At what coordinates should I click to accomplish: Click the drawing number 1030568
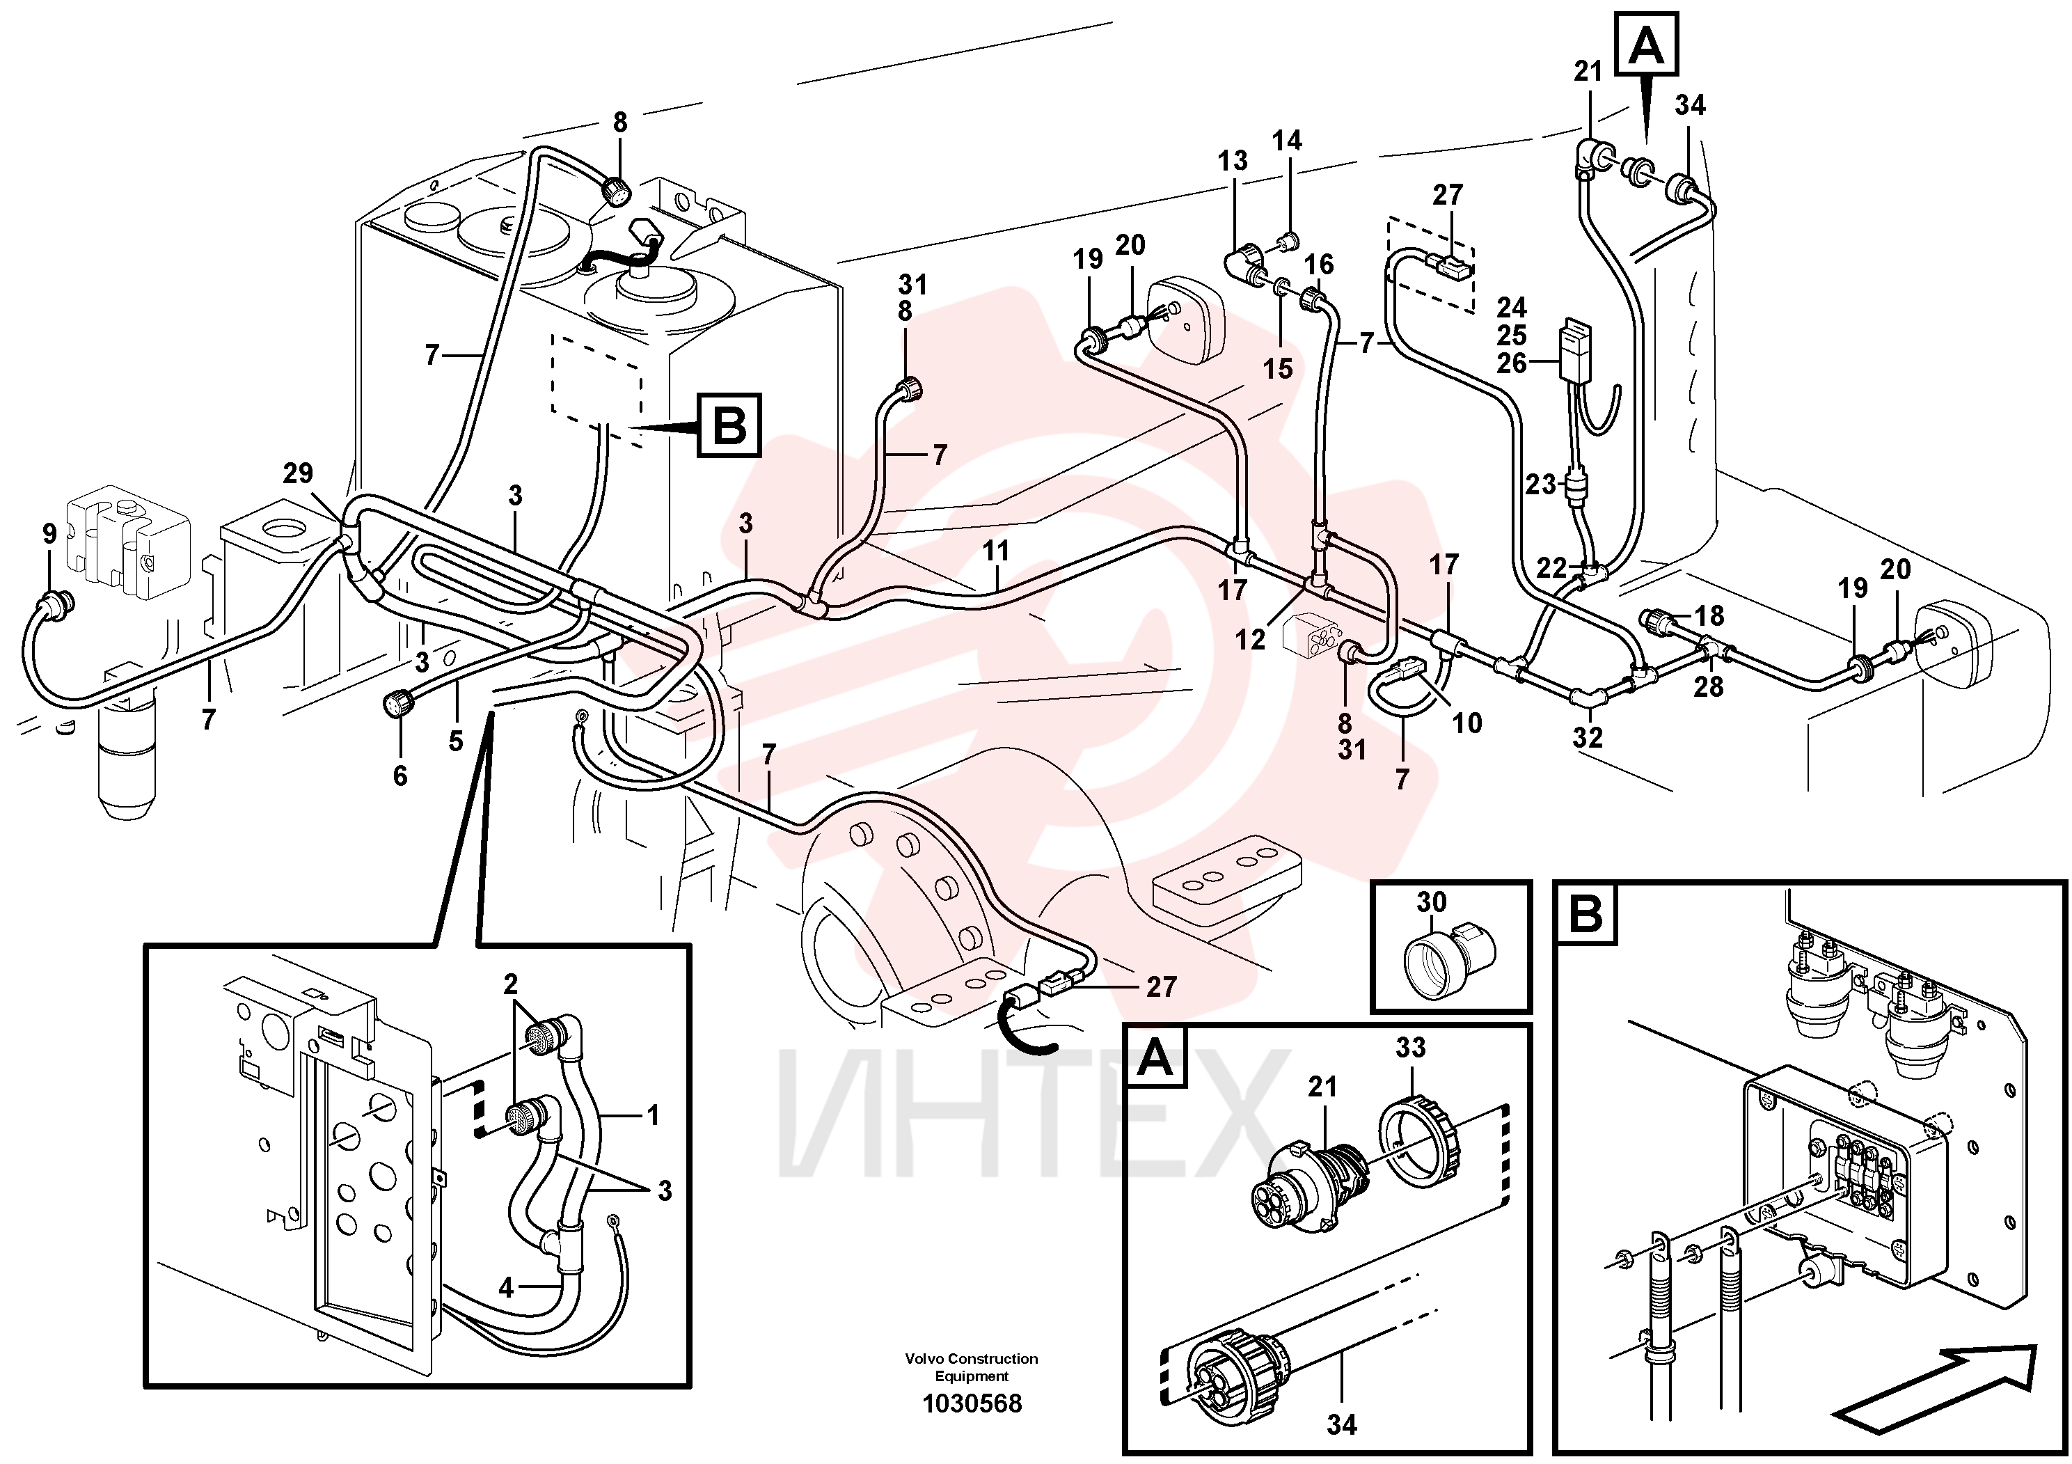(x=972, y=1403)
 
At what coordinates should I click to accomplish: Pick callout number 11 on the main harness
(x=995, y=551)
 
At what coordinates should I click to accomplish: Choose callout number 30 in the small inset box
(x=1431, y=901)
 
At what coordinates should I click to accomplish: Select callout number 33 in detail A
(x=1411, y=1047)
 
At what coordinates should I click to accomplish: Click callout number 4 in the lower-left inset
(x=506, y=1288)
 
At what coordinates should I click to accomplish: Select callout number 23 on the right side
(x=1542, y=485)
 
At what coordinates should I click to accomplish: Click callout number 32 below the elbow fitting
(x=1588, y=737)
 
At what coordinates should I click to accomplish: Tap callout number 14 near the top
(x=1288, y=140)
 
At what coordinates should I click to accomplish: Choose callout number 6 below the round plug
(x=400, y=776)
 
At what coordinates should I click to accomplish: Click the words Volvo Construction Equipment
(x=972, y=1367)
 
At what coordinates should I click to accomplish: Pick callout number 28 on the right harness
(x=1708, y=687)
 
